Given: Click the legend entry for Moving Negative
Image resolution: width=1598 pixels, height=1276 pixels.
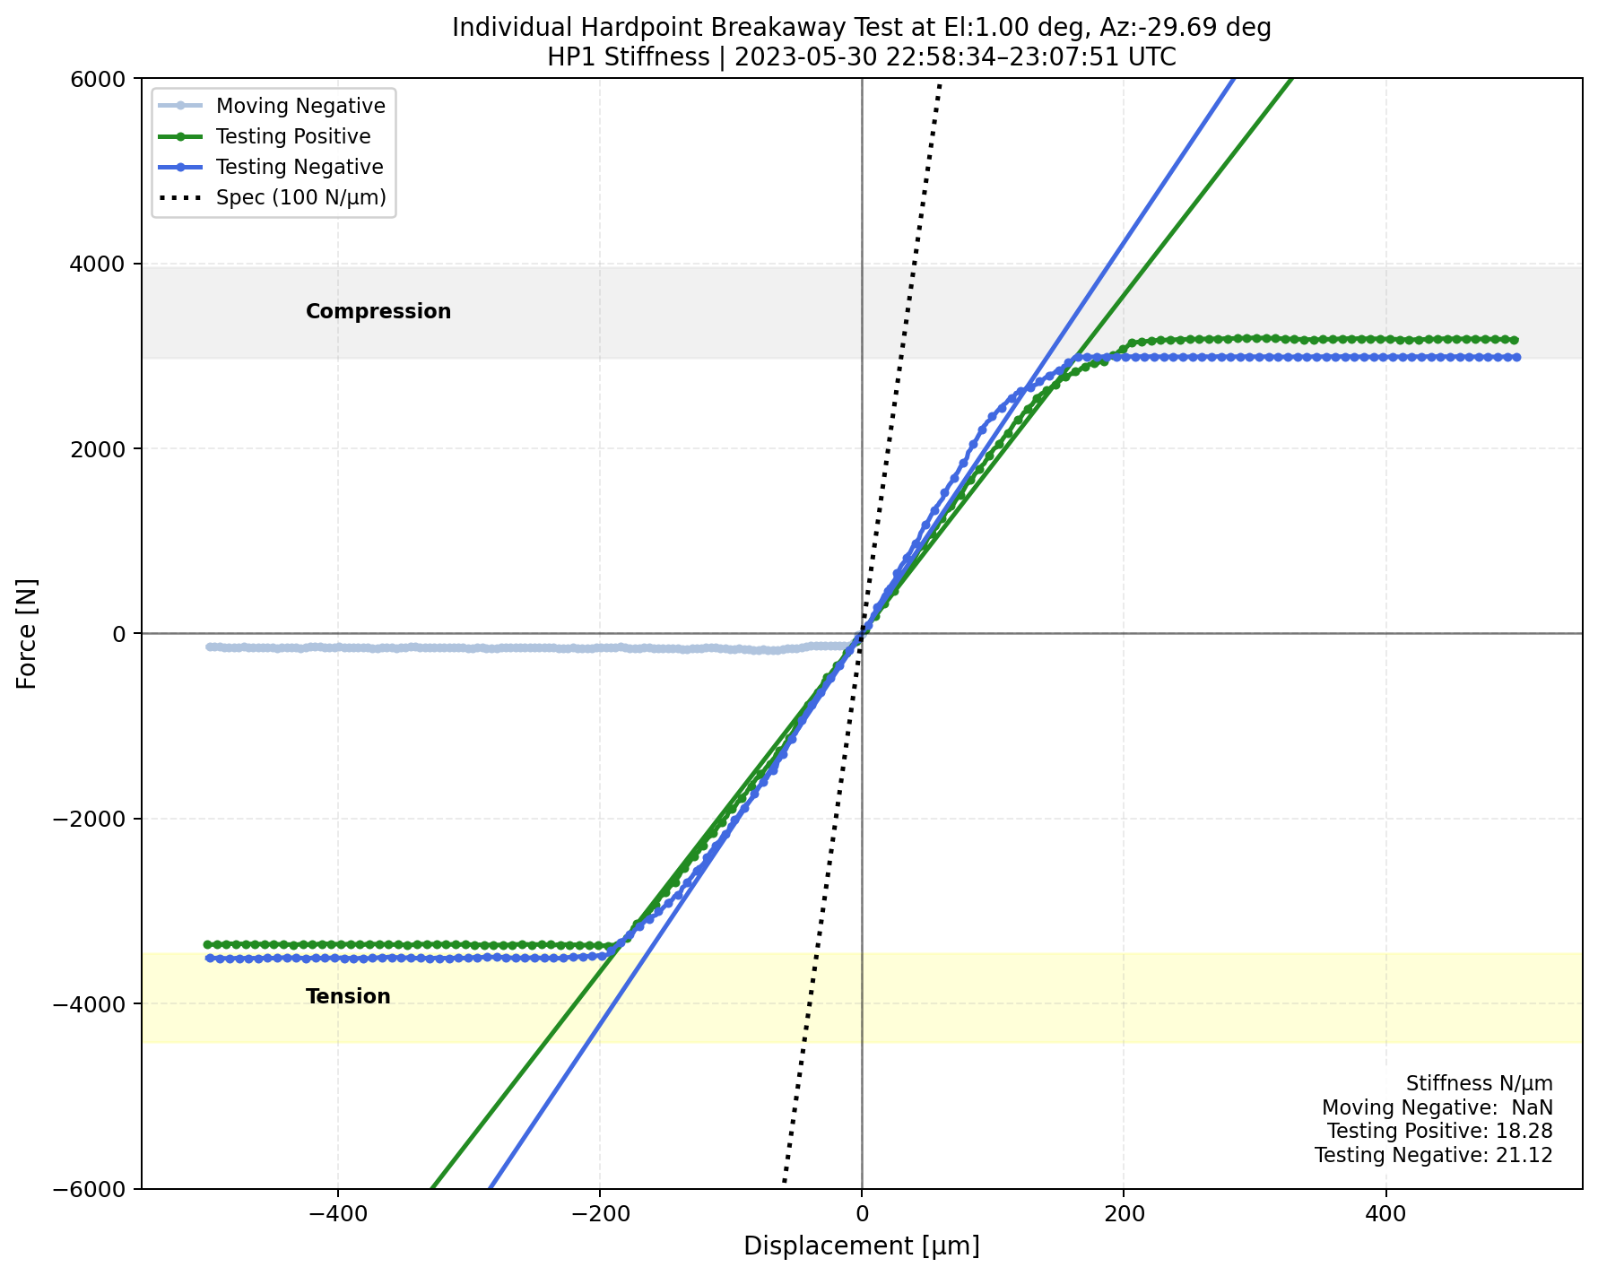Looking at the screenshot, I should click(x=300, y=106).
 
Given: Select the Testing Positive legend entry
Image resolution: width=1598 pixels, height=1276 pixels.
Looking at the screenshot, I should click(x=293, y=136).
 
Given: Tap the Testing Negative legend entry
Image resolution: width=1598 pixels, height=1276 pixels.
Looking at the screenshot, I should click(x=300, y=167).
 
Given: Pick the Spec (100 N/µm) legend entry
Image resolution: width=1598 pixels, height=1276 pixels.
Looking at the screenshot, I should click(x=300, y=197).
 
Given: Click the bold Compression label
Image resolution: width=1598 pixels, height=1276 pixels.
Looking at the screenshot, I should click(x=378, y=311).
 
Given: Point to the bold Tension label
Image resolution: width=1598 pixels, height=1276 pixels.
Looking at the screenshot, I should click(x=348, y=996).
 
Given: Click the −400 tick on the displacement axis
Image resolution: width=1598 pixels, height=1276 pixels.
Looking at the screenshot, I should click(x=337, y=1216).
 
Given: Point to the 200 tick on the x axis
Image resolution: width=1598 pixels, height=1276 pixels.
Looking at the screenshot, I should click(x=1124, y=1216).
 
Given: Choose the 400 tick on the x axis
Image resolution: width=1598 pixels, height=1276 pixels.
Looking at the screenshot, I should click(x=1385, y=1216).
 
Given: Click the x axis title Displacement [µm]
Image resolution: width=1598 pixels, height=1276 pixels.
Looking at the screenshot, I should click(x=861, y=1246).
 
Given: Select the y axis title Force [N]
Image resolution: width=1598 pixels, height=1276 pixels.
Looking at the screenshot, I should click(x=27, y=633).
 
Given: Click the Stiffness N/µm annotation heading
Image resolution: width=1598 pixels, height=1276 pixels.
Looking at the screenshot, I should click(x=1479, y=1084).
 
